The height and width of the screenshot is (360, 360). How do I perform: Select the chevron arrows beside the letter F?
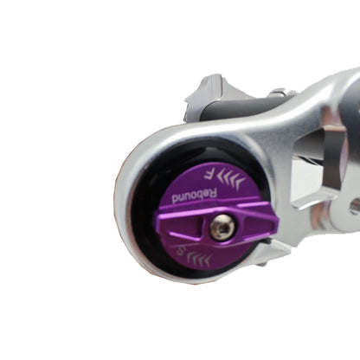click(216, 177)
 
